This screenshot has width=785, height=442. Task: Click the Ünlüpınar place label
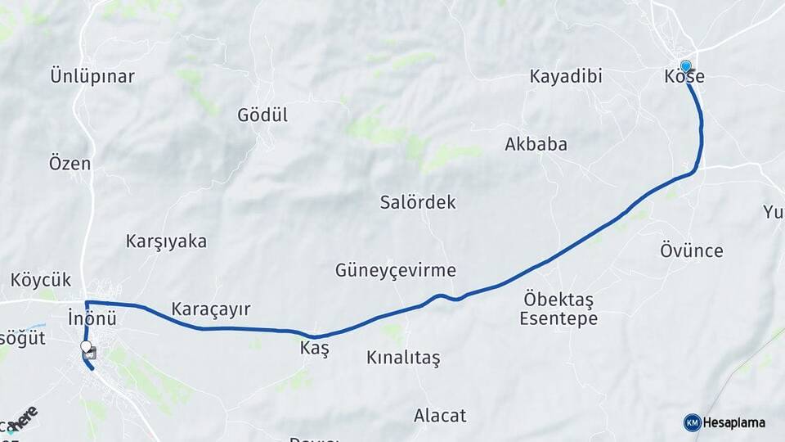coord(92,77)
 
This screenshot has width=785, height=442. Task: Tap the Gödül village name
coord(262,115)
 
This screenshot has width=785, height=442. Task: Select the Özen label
coord(70,163)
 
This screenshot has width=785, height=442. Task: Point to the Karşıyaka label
coord(166,241)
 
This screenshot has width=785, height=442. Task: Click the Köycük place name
coord(41,280)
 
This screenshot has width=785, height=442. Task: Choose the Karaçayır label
coord(210,309)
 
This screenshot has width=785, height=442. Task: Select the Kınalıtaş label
coord(403,358)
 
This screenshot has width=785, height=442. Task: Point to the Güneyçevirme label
coord(395,270)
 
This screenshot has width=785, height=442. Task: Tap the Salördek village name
coord(418,202)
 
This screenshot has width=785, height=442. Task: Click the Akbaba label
coord(536,144)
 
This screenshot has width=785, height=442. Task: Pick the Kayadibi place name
coord(566,77)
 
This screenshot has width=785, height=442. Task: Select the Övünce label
coord(692,250)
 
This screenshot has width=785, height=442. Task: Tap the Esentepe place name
coord(558,318)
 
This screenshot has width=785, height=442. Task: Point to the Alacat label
coord(440,415)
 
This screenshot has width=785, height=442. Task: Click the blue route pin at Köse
coord(685,66)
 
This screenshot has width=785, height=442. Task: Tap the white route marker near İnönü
coord(86,347)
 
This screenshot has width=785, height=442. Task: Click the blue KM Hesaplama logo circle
coord(692,422)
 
